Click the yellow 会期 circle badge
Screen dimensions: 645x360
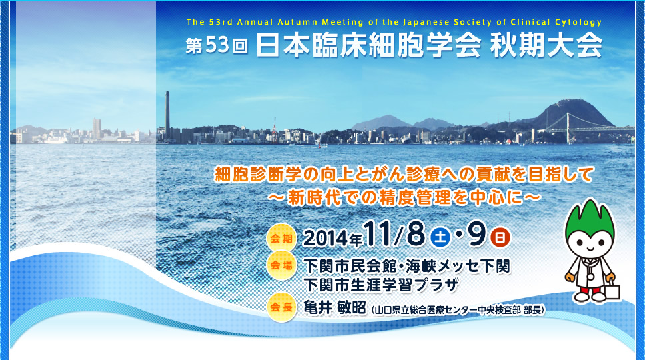[281, 238]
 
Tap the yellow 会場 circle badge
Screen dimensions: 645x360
[281, 265]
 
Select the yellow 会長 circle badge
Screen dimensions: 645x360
[281, 307]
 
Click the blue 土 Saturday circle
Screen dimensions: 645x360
[440, 237]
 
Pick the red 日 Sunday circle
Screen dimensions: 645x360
[500, 237]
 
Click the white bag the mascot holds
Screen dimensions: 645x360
[612, 291]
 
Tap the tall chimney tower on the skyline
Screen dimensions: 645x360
[167, 116]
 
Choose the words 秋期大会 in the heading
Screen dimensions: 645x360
[546, 45]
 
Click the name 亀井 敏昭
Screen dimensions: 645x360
[334, 307]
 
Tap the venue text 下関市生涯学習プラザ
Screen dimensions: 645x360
[381, 284]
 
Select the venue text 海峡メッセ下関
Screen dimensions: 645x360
[458, 266]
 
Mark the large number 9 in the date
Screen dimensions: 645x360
[476, 235]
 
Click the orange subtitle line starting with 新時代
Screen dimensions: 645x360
[404, 197]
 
